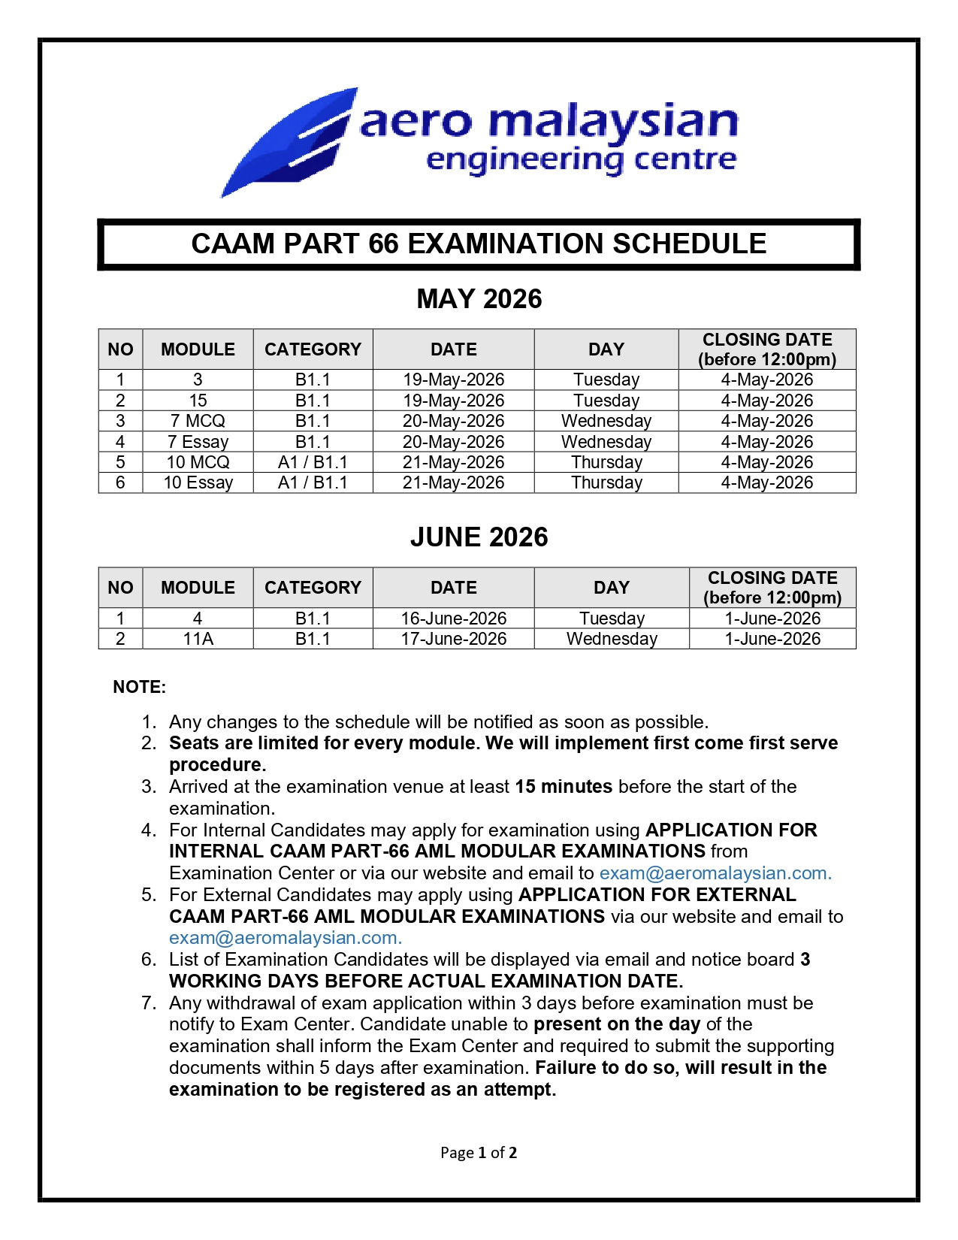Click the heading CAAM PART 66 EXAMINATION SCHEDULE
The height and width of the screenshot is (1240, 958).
click(x=479, y=244)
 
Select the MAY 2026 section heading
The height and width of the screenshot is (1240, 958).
click(x=479, y=299)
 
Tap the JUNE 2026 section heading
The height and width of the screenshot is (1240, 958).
click(x=479, y=537)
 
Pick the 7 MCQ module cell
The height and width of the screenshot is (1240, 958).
click(x=198, y=421)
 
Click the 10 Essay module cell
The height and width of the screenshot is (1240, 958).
click(x=198, y=482)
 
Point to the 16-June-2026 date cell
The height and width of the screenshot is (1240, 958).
click(x=453, y=618)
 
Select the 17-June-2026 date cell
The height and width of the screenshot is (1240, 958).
click(x=453, y=639)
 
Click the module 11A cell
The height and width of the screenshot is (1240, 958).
click(x=198, y=639)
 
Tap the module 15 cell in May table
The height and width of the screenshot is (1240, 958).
click(x=198, y=401)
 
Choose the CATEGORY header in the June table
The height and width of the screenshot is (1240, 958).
click(x=313, y=588)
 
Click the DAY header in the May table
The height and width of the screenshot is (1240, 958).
click(x=606, y=349)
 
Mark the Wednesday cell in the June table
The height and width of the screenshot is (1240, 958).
click(x=612, y=639)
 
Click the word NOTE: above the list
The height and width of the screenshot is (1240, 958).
click(x=139, y=687)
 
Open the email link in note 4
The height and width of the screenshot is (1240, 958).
click(x=715, y=873)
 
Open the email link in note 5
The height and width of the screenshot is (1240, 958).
click(x=285, y=938)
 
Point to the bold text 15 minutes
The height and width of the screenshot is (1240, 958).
click(x=564, y=787)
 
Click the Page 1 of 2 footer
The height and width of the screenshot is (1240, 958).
click(x=479, y=1153)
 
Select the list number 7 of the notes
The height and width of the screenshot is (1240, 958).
click(x=149, y=1003)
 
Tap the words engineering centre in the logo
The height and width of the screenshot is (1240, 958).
click(x=580, y=160)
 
